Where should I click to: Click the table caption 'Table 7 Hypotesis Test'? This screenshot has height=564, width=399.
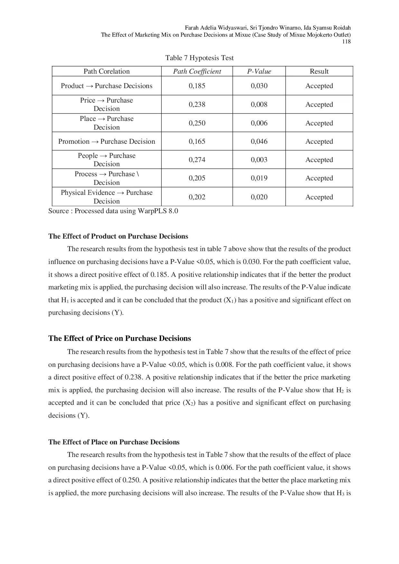tap(199, 58)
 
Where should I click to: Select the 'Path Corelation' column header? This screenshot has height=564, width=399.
tap(107, 71)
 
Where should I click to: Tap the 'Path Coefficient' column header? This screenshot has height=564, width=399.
tap(197, 71)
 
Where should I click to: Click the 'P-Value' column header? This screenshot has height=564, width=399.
tap(259, 71)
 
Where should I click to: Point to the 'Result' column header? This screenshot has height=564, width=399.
tap(319, 71)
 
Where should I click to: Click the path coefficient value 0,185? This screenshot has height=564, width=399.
tap(197, 86)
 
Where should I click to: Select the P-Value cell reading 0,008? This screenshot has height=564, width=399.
tap(259, 105)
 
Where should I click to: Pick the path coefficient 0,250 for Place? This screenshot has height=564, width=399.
tap(197, 123)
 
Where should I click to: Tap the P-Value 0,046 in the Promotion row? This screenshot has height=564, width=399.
tap(259, 141)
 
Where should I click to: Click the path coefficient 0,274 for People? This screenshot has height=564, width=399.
tap(197, 160)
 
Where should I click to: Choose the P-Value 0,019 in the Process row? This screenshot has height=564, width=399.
tap(259, 178)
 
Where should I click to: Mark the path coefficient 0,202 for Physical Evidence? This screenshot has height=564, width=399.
tap(197, 197)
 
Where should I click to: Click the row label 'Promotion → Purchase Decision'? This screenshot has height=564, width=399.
tap(107, 141)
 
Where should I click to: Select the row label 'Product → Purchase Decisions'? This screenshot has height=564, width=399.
tap(107, 86)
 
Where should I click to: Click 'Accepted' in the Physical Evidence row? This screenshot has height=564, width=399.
tap(319, 197)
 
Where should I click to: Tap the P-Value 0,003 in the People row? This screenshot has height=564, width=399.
tap(259, 160)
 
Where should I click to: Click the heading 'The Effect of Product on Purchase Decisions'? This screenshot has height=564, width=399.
tap(118, 236)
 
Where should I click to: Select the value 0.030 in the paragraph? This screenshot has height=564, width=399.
tap(251, 262)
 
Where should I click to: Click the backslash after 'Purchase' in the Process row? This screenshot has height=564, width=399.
tap(138, 174)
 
